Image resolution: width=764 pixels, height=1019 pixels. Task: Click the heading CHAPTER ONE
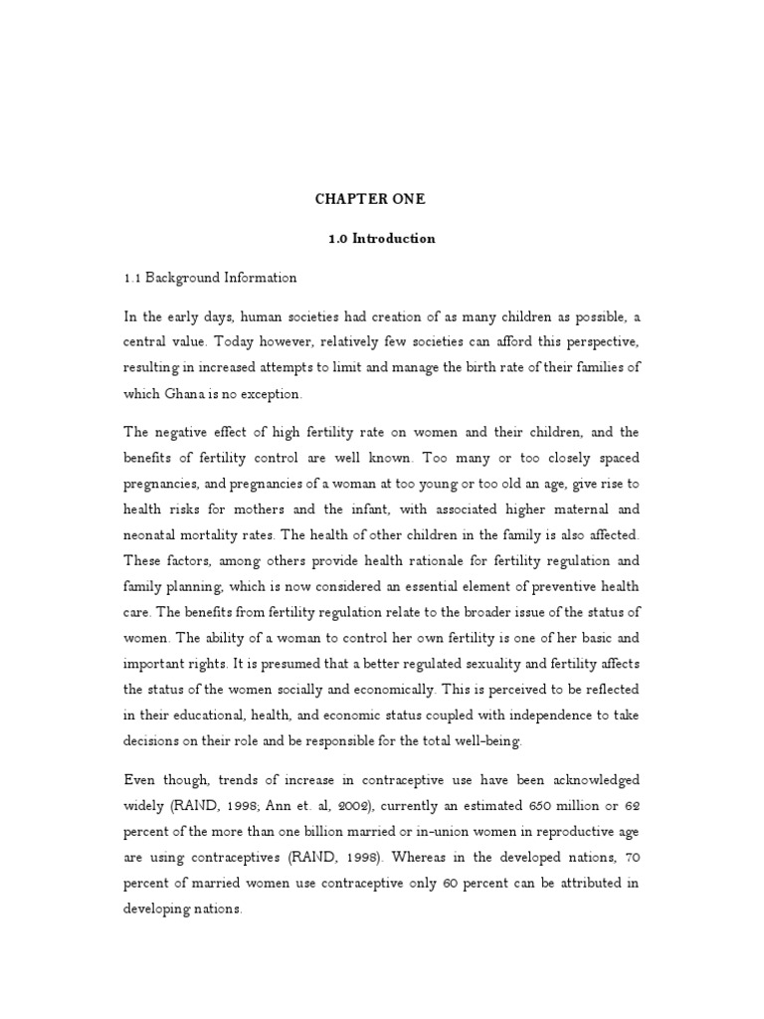[x=370, y=199]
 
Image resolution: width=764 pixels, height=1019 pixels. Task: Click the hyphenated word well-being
[x=481, y=740]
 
